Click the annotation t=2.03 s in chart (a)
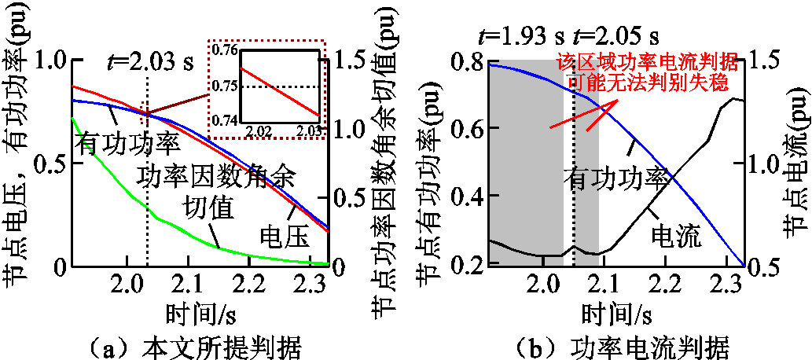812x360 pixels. (149, 61)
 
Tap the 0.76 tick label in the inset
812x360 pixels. (226, 51)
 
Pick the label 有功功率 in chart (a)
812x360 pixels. (127, 142)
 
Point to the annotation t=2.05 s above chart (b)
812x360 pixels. (616, 36)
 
